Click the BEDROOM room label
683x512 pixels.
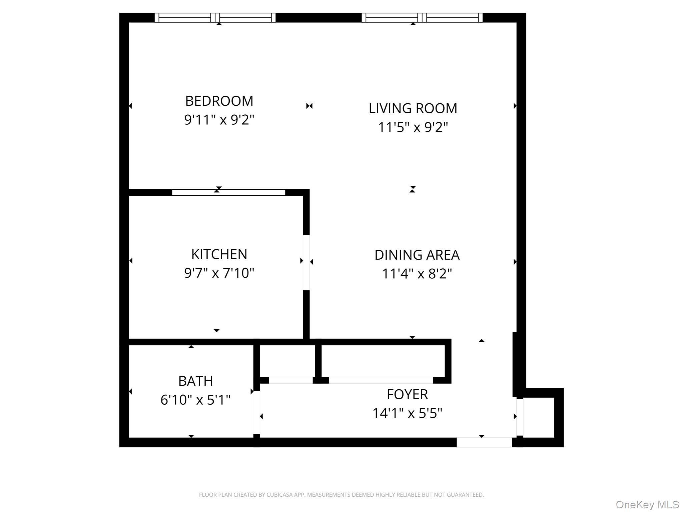pos(219,101)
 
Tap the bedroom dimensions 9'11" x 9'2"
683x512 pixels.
pos(219,120)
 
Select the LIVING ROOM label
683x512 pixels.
pos(413,108)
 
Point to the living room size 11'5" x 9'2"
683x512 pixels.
pos(413,127)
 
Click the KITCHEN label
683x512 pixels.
pos(219,254)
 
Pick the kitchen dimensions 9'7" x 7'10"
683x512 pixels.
pos(219,273)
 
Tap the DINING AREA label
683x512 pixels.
pos(417,255)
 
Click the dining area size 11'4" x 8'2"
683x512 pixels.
pos(417,274)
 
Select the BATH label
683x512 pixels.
pos(195,381)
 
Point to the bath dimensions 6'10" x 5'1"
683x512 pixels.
pos(195,400)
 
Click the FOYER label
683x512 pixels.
pos(407,394)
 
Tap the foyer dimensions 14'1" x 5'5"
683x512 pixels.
pos(407,413)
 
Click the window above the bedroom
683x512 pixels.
pos(215,18)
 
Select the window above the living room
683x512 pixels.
pos(422,18)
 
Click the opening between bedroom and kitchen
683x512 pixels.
pos(228,192)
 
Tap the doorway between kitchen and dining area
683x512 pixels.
pos(306,262)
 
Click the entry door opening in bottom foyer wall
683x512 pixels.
pos(484,442)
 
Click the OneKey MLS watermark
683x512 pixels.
pos(647,504)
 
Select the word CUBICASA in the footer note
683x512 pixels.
pos(279,495)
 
